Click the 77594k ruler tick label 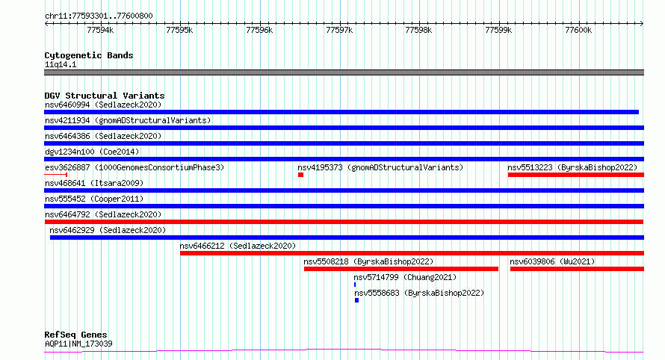pos(100,30)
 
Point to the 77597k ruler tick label pos(339,30)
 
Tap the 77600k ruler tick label pos(578,30)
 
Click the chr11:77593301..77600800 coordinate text pos(99,16)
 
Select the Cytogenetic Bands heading pos(89,55)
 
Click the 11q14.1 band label pos(61,64)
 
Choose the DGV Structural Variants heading pos(105,96)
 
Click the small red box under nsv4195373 pos(300,175)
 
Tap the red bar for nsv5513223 pos(576,175)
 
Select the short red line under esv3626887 pos(55,175)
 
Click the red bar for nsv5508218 pos(401,269)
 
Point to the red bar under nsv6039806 pos(578,269)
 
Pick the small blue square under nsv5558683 pos(356,300)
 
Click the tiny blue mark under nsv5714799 pos(355,285)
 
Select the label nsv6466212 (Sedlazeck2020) pos(238,246)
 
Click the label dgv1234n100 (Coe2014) pos(92,152)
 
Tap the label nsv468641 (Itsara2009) pos(94,183)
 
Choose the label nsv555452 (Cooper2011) pos(94,199)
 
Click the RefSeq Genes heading pos(76,335)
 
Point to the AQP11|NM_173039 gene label pos(79,344)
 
